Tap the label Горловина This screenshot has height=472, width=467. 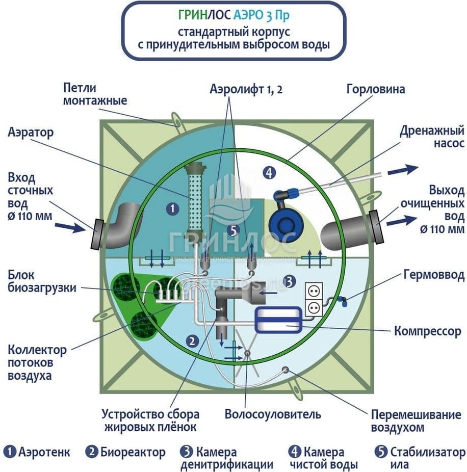tap(376, 90)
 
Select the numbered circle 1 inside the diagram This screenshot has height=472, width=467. tap(173, 208)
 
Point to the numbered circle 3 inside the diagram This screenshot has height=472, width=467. tap(289, 280)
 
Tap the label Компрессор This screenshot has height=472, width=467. tap(427, 332)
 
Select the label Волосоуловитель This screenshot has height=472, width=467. tap(273, 414)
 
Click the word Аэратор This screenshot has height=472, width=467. tap(31, 133)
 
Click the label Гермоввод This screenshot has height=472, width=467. tap(434, 276)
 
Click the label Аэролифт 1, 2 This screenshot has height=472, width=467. tap(246, 90)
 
